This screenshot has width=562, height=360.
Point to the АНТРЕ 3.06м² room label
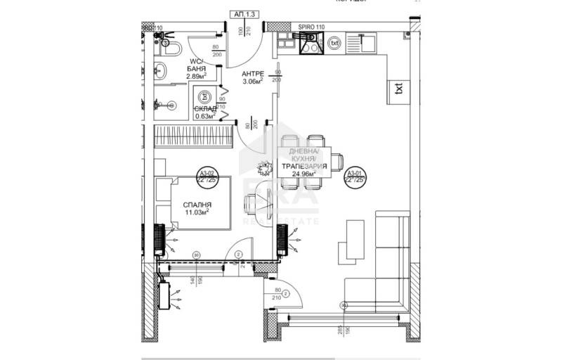click(x=252, y=77)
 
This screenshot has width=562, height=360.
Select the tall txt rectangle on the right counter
click(x=399, y=89)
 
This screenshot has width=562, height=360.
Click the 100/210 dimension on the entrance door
click(x=243, y=31)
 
